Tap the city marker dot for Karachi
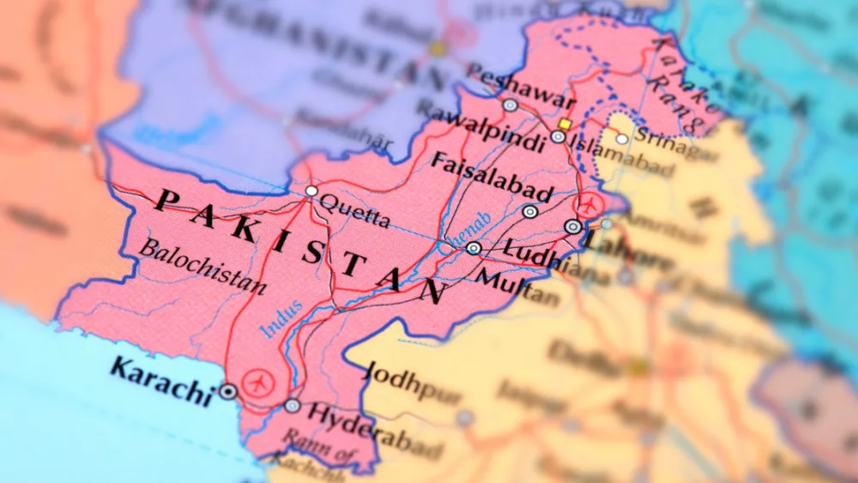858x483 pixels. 227,391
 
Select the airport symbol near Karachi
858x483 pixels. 256,382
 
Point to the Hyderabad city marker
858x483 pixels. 293,406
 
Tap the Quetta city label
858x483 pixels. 354,210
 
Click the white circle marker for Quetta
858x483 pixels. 311,190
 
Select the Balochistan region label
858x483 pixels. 202,267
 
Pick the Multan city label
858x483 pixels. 517,287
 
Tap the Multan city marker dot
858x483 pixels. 474,248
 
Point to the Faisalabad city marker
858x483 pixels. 530,211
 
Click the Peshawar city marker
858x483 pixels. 511,106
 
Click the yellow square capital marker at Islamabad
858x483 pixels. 565,124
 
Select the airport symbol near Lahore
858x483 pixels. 589,205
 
